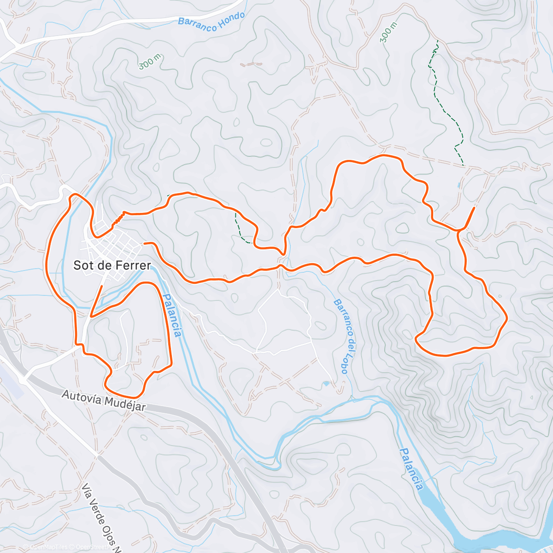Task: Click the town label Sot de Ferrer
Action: pyautogui.click(x=112, y=265)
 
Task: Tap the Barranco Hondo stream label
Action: pyautogui.click(x=212, y=21)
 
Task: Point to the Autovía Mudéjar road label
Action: pyautogui.click(x=104, y=400)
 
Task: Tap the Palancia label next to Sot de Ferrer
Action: pyautogui.click(x=171, y=316)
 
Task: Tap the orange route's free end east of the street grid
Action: pyautogui.click(x=145, y=243)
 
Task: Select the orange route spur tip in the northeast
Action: pyautogui.click(x=474, y=208)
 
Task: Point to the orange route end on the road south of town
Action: pyautogui.click(x=102, y=287)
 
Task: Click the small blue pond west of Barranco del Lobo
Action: pyautogui.click(x=327, y=383)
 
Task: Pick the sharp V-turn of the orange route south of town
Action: pyautogui.click(x=91, y=316)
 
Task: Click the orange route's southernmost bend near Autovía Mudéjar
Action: pyautogui.click(x=134, y=397)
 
